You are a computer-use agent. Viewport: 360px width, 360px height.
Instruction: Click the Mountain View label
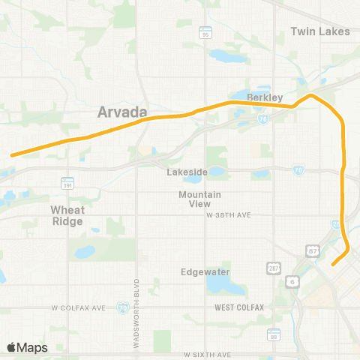pyautogui.click(x=199, y=199)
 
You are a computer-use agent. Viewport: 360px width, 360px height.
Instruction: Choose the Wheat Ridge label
pyautogui.click(x=67, y=215)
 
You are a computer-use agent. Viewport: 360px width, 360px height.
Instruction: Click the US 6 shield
pyautogui.click(x=291, y=280)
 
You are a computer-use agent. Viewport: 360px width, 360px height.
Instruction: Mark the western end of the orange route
pyautogui.click(x=12, y=155)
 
